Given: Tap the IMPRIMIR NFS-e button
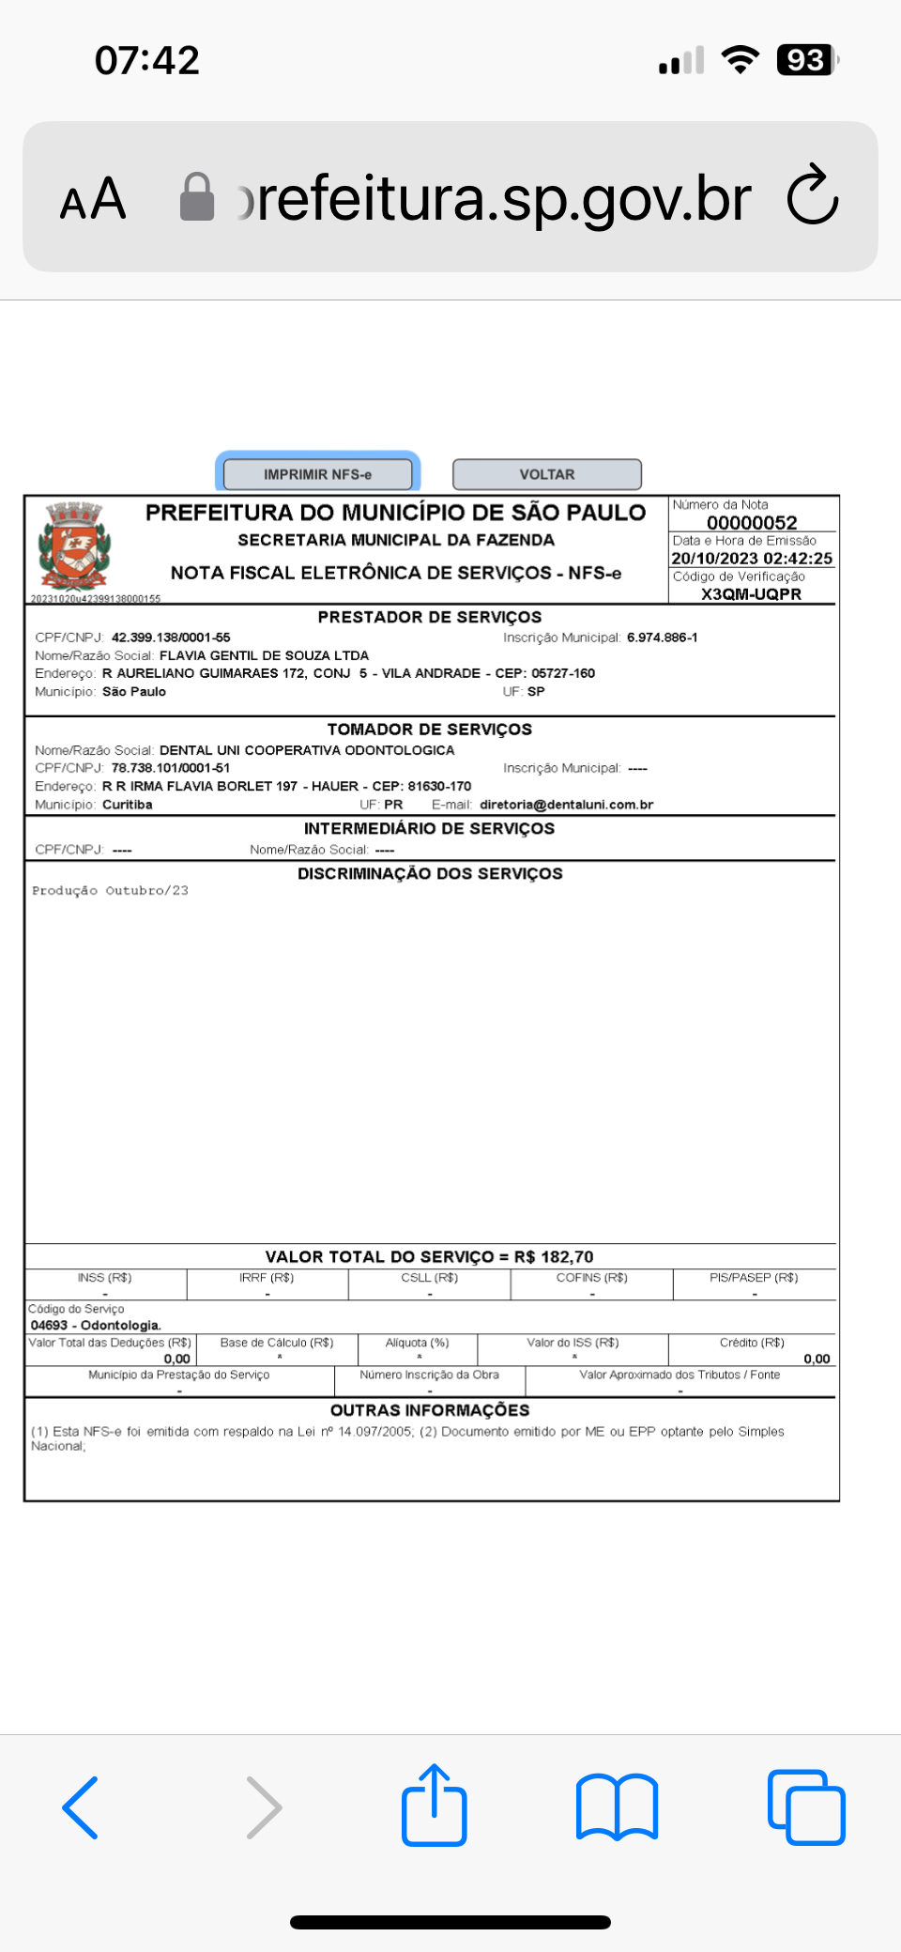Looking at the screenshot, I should [317, 474].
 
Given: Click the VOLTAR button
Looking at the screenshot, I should [547, 474].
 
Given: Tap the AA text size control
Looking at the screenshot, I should [93, 199].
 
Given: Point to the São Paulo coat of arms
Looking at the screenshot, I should [74, 546].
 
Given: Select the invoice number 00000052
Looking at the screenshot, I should [752, 522].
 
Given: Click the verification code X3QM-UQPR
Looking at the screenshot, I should [751, 593].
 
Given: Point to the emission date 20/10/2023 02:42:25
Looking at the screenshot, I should [752, 558].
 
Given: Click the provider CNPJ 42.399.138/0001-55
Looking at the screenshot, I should [171, 638].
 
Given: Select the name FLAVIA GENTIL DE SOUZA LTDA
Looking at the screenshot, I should [264, 655].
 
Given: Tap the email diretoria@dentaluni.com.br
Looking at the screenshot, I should [566, 805].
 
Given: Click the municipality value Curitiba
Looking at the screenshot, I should [127, 805].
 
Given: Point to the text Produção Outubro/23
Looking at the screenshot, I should [110, 890].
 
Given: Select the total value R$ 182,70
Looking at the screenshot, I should [554, 1256].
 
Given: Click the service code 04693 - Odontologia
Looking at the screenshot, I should [96, 1325].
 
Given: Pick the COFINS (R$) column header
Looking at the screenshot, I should [591, 1278].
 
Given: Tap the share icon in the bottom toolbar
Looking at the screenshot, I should [435, 1806].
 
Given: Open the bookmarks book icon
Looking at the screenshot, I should [617, 1806].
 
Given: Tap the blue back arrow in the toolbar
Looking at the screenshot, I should [81, 1806].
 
